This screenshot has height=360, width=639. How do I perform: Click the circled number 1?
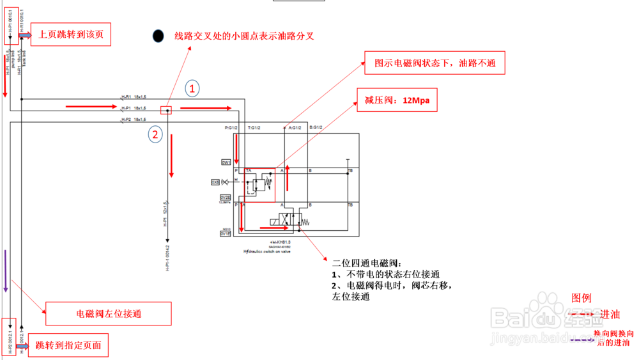click(x=192, y=89)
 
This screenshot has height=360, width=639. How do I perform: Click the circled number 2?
click(x=155, y=134)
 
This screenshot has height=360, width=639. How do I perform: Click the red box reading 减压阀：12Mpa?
click(x=396, y=100)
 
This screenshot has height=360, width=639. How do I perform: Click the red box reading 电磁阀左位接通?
click(x=108, y=314)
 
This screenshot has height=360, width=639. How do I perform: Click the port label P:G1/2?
click(x=232, y=127)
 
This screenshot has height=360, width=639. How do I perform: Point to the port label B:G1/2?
click(x=316, y=127)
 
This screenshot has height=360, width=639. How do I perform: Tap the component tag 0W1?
click(x=226, y=162)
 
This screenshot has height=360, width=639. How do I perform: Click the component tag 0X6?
click(x=215, y=182)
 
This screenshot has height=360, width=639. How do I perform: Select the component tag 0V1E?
click(x=226, y=235)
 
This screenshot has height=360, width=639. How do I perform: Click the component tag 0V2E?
click(x=226, y=198)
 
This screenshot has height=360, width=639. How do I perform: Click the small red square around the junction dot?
click(x=167, y=110)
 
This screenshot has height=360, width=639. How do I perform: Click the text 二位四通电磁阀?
click(x=366, y=263)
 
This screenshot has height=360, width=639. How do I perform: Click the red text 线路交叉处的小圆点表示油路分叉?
click(x=245, y=36)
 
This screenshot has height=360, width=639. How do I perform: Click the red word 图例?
click(x=581, y=297)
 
